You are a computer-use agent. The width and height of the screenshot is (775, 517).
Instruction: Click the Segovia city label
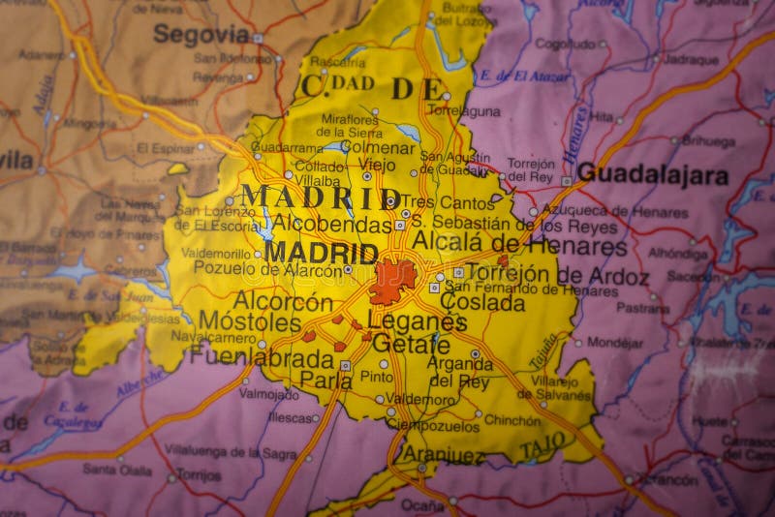point(201,35)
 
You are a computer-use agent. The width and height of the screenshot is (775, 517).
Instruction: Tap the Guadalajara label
point(652,175)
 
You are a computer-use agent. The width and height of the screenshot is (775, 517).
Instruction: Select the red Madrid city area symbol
point(392,281)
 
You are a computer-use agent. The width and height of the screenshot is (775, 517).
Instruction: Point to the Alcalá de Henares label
point(519,243)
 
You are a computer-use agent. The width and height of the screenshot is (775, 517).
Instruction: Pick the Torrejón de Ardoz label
point(557,275)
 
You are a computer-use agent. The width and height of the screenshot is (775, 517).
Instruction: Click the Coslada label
point(482,302)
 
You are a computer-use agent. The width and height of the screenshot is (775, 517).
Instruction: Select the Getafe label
point(411,345)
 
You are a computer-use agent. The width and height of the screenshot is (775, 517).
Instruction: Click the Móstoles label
point(251,321)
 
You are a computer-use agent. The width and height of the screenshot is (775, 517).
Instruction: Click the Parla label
point(325,380)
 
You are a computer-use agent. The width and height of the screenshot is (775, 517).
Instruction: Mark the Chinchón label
point(512,420)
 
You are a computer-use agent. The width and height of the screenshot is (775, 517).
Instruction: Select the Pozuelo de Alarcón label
point(267,269)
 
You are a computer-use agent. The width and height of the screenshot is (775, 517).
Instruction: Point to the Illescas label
point(289,417)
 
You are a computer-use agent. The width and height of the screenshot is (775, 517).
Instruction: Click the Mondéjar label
point(615,342)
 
